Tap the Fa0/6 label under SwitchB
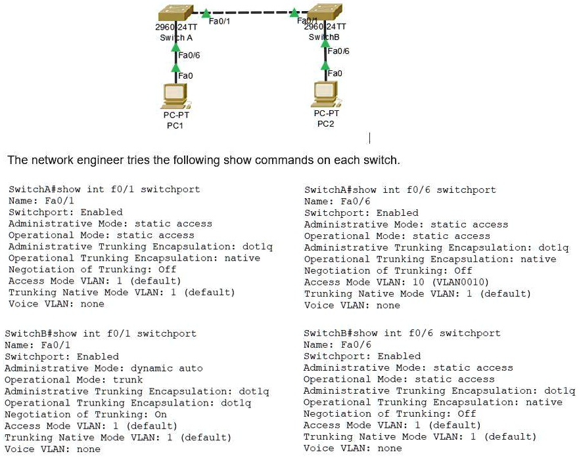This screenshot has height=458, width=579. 338,51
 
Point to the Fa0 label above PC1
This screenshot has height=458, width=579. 186,76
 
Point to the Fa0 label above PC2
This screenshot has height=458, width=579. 335,73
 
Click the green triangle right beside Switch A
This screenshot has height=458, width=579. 206,12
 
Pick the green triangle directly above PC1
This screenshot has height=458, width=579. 175,68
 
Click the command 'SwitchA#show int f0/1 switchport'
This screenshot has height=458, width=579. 104,190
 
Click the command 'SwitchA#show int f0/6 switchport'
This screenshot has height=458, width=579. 400,190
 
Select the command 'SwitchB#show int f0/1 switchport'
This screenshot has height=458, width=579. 100,333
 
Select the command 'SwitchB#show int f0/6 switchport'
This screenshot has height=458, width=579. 402,333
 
